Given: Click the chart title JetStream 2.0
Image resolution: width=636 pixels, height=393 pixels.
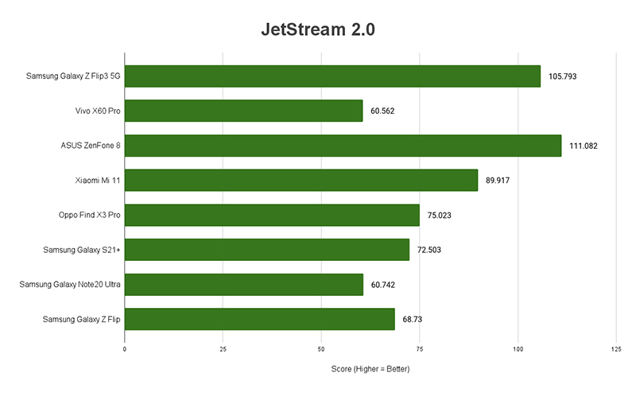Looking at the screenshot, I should [x=317, y=30].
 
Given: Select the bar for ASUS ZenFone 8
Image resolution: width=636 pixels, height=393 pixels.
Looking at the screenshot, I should [x=343, y=146].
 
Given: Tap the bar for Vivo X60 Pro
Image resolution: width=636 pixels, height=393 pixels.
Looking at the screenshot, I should [x=243, y=111].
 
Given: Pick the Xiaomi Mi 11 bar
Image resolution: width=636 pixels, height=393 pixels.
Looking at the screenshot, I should [x=301, y=181].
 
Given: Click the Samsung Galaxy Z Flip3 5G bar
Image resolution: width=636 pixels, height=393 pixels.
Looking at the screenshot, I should [x=332, y=76].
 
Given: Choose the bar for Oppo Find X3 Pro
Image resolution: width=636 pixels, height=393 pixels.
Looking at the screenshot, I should [x=272, y=215].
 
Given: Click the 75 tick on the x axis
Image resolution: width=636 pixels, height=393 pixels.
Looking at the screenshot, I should [x=419, y=348].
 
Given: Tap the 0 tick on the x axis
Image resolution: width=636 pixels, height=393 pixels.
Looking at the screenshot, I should [x=125, y=348].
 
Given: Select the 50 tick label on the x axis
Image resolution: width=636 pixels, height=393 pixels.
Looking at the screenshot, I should [x=321, y=348].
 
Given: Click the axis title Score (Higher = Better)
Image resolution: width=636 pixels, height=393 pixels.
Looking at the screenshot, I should [x=370, y=370].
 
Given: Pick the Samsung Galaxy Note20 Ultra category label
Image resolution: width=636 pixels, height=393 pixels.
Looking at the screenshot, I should [x=69, y=284].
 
